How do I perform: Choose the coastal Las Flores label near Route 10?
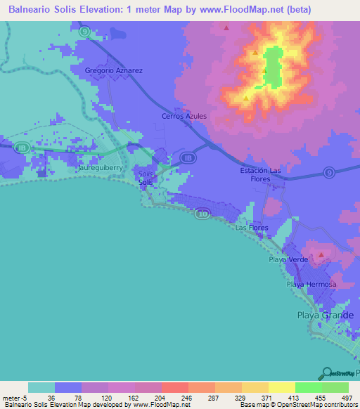point(251,228)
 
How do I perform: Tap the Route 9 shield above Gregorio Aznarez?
point(84,31)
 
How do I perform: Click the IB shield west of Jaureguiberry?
point(23,148)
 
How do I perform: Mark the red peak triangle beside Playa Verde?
point(321,255)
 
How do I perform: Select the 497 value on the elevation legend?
point(335,398)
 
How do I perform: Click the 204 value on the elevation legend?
point(148,398)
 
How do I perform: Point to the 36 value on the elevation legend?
point(41,398)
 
